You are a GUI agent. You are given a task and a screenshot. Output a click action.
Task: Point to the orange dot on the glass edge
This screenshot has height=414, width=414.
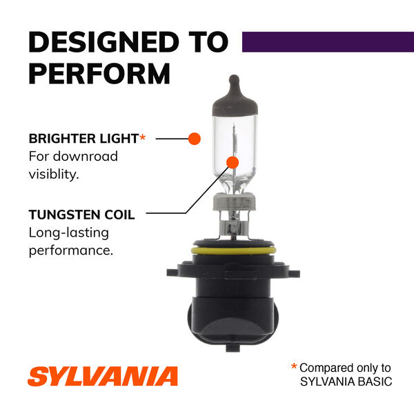pos(195,138)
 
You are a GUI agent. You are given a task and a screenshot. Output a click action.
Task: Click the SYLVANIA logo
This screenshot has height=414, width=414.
pos(103,376)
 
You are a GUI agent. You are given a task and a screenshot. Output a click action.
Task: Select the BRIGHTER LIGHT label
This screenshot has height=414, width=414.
pos(83,138)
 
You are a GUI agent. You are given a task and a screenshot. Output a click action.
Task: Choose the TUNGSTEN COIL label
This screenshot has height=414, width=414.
pos(81,215)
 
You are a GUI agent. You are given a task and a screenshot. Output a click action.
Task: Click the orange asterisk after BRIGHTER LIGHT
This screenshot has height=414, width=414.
pos(143,138)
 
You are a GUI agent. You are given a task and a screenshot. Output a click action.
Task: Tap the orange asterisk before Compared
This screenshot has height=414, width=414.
pos(293,367)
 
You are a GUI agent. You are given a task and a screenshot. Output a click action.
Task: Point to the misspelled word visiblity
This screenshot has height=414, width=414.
pos(54,174)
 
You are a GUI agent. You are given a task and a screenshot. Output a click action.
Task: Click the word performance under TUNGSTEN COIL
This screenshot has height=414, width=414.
pos(70,250)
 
